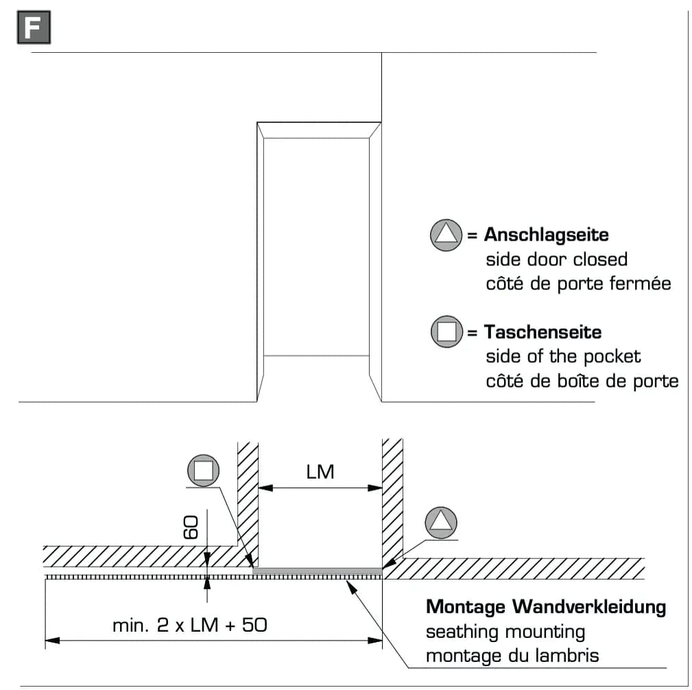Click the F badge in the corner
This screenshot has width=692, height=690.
tap(34, 27)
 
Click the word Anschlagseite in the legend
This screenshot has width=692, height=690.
tap(547, 235)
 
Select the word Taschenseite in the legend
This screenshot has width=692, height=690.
tap(542, 332)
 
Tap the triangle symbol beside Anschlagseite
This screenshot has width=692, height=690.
tap(446, 235)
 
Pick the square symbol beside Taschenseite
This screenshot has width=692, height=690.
tap(446, 331)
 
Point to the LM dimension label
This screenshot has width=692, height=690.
tap(320, 472)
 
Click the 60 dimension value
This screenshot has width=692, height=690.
tap(191, 527)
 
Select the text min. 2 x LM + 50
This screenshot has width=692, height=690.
tap(190, 625)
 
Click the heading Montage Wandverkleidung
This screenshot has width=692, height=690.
tap(546, 607)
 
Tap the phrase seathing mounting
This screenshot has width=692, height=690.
tap(505, 632)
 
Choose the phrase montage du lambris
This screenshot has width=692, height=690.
tap(512, 656)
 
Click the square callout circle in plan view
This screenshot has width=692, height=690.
tap(204, 471)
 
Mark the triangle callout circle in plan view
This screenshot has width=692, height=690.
tap(441, 523)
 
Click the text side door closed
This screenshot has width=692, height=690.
tap(556, 259)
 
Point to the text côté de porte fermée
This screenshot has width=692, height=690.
tap(579, 283)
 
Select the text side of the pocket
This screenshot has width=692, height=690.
tap(563, 357)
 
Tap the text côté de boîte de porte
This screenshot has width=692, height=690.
tap(582, 381)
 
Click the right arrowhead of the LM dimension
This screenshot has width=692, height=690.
tap(375, 488)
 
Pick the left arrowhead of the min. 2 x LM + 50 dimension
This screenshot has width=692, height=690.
tap(53, 640)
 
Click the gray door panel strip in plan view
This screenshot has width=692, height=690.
tap(318, 571)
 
